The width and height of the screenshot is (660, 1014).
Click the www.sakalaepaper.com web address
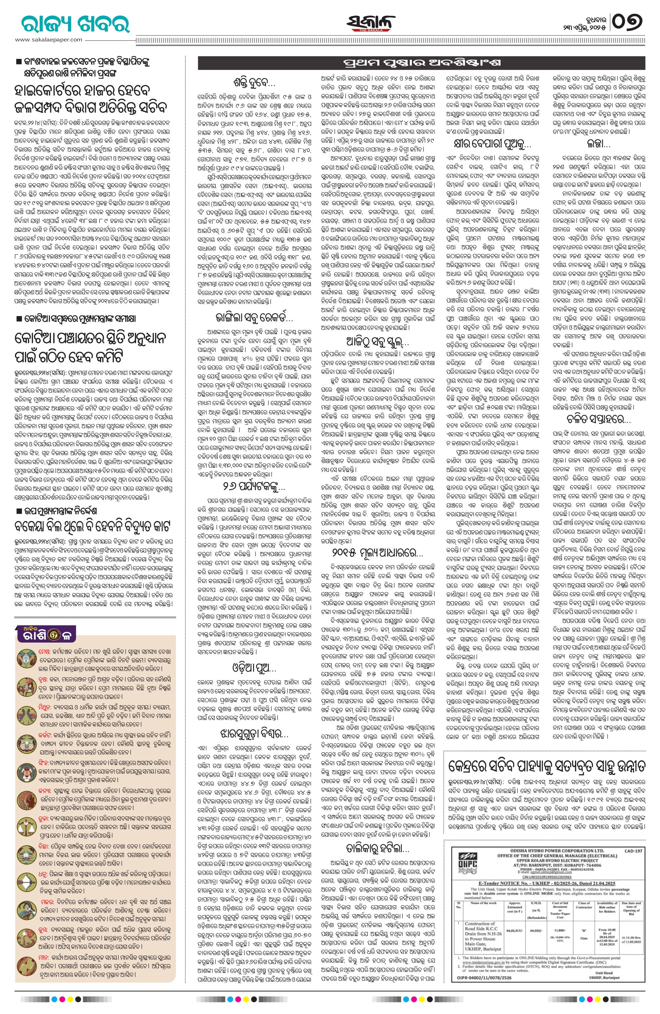pyautogui.click(x=49, y=39)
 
